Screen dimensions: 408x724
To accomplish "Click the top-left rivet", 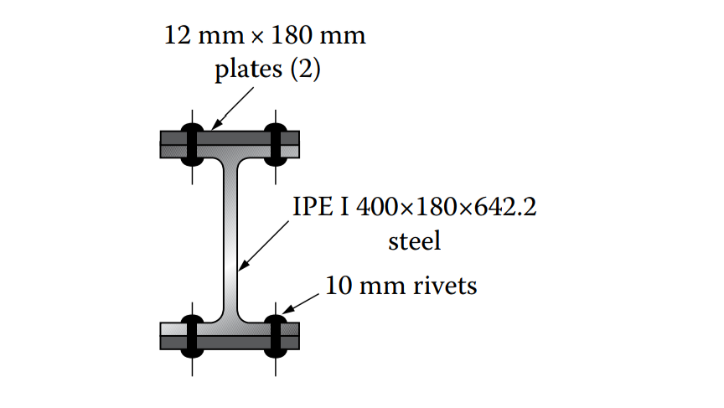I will pyautogui.click(x=192, y=144).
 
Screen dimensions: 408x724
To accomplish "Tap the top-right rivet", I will pyautogui.click(x=275, y=144).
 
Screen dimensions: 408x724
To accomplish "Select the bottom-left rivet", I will pyautogui.click(x=192, y=334).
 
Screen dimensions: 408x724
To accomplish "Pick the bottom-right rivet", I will pyautogui.click(x=275, y=334).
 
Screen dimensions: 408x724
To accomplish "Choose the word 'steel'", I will pyautogui.click(x=414, y=242).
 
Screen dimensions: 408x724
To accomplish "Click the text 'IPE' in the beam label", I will pyautogui.click(x=312, y=208).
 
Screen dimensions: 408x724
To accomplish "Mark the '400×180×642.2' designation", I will pyautogui.click(x=446, y=208).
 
